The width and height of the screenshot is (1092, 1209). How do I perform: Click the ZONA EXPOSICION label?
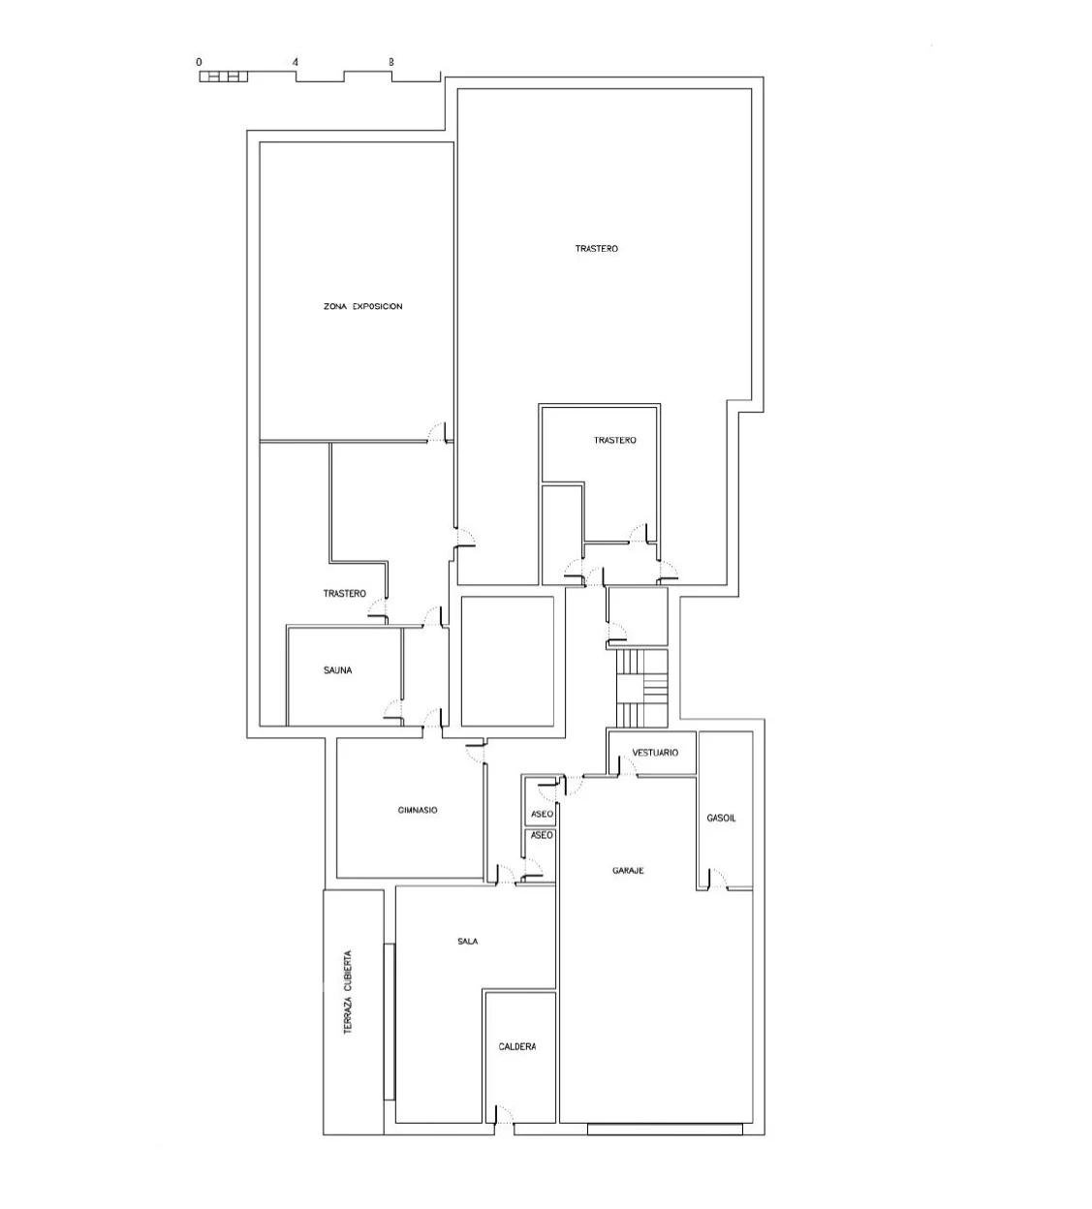363,306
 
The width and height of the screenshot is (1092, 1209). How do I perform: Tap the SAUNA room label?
337,670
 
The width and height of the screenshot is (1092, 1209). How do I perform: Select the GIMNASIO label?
418,810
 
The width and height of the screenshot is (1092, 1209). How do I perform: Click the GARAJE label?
628,870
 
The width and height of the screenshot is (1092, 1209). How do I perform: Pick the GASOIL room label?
721,818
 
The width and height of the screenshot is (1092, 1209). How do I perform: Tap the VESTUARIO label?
655,753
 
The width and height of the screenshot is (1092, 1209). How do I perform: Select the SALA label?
468,941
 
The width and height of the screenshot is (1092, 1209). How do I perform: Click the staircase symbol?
641,688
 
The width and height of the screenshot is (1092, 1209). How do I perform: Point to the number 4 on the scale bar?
295,62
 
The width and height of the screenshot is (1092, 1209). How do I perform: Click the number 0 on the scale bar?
199,62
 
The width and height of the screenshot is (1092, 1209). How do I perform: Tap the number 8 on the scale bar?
391,62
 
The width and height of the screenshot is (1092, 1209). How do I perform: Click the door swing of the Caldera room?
504,1114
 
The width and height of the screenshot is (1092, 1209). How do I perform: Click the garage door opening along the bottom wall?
665,1129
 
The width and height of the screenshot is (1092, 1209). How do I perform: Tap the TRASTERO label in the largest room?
596,248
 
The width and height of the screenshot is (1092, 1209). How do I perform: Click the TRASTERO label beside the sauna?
344,594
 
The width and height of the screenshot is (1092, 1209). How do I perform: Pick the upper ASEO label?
542,815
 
